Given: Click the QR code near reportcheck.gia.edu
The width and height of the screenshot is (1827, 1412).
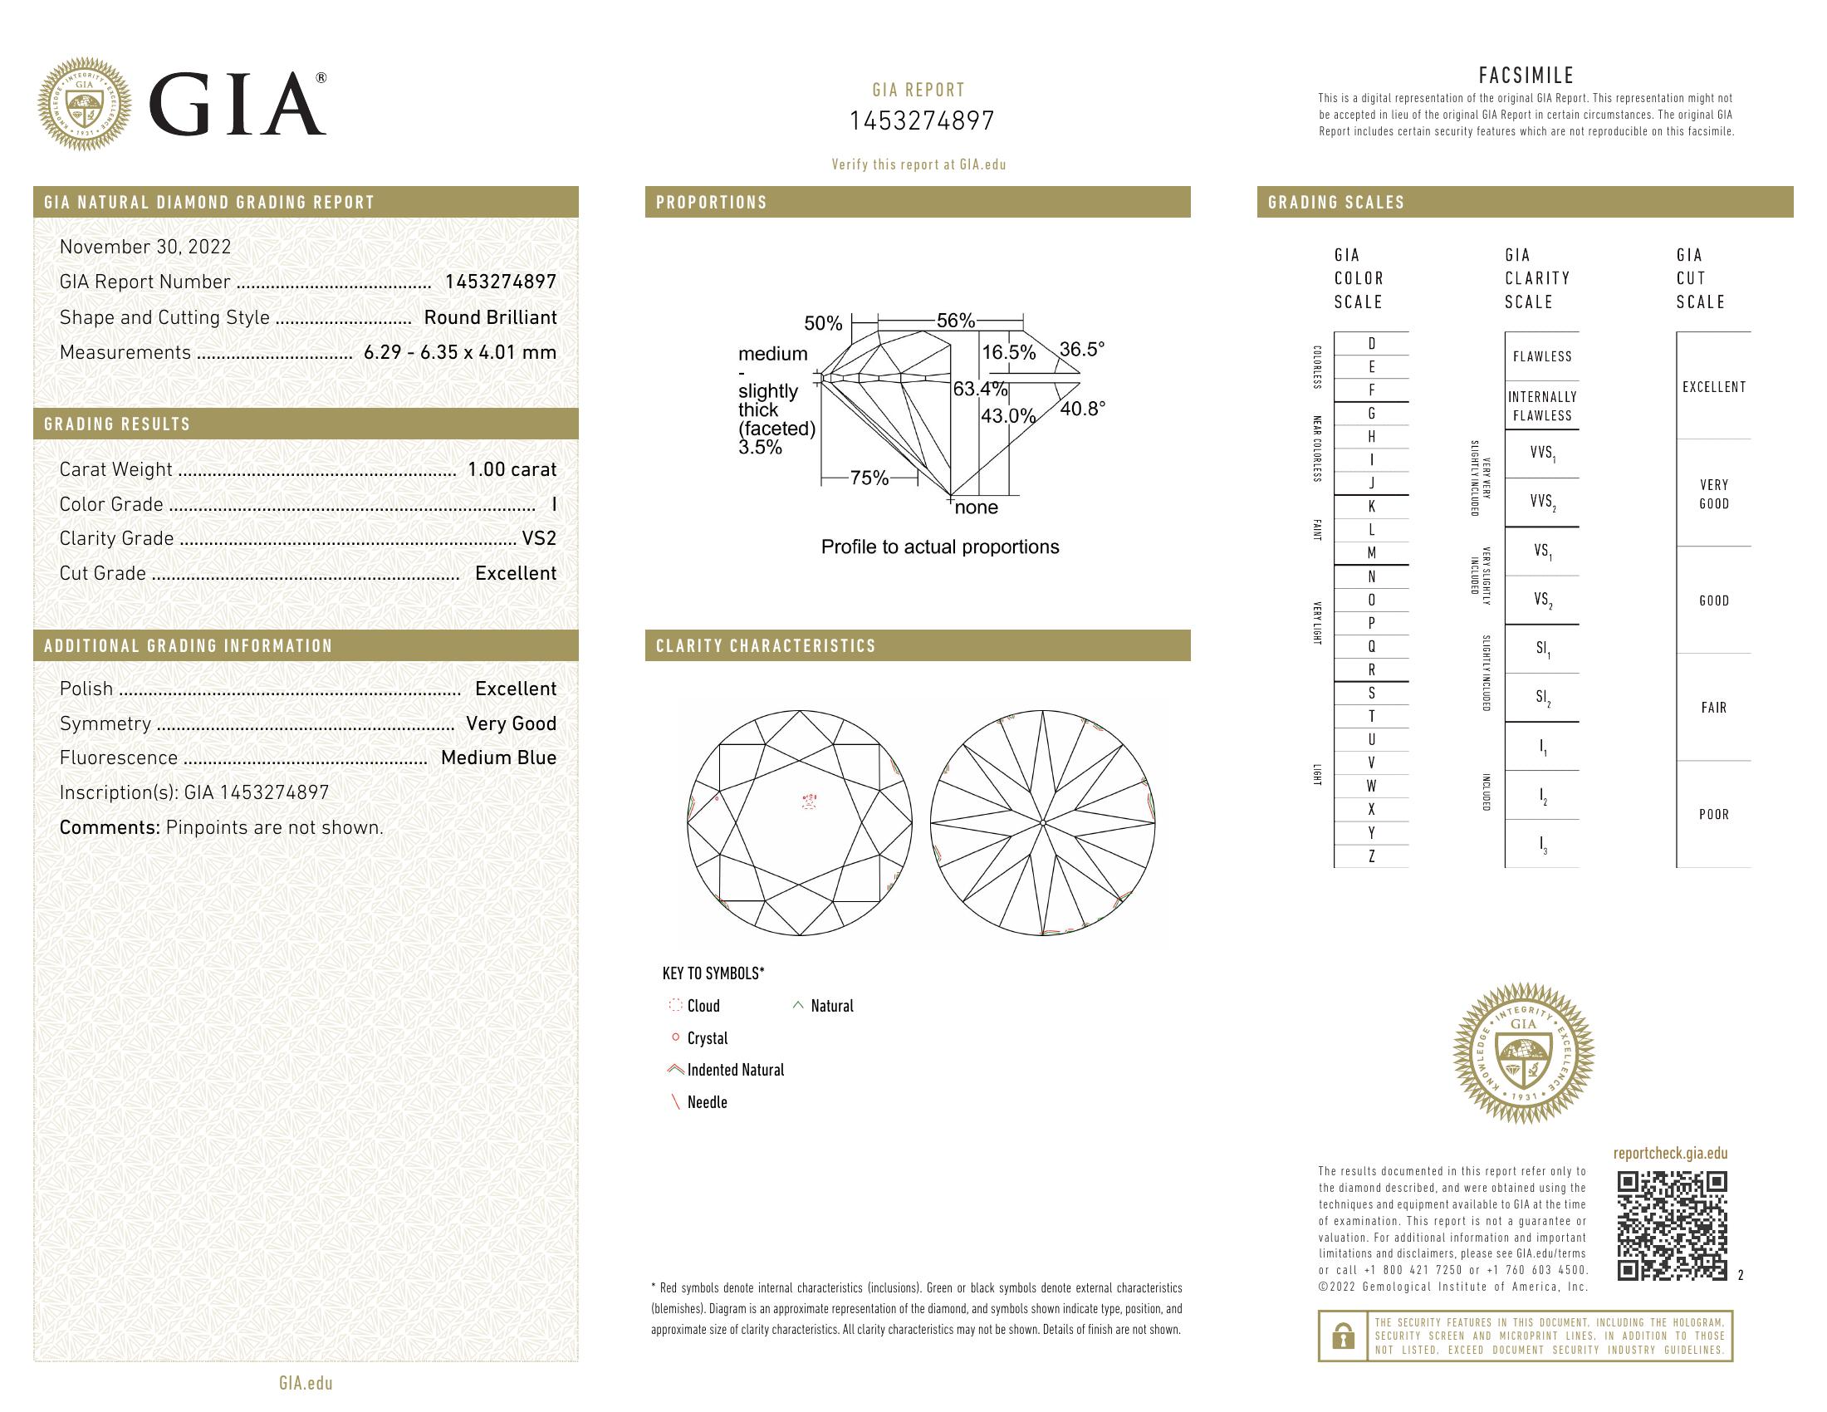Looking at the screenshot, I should (x=1672, y=1225).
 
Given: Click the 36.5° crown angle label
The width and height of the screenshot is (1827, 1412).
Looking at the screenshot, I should (x=1081, y=349).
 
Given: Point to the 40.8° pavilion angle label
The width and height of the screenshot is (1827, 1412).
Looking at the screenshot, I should (x=1082, y=408).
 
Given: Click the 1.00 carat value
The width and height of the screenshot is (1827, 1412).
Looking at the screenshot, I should (x=511, y=469).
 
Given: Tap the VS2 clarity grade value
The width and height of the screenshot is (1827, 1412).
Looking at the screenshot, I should (x=539, y=539).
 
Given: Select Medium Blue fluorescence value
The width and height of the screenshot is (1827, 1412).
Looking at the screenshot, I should (x=497, y=757).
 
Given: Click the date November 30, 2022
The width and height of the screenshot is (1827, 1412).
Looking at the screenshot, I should (x=144, y=247).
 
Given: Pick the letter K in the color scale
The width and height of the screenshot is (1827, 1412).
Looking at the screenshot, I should (x=1371, y=507).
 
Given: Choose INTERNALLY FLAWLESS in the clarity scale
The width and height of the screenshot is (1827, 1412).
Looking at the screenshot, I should (x=1542, y=406).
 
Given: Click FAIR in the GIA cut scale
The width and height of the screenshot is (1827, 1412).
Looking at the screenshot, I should (x=1713, y=708).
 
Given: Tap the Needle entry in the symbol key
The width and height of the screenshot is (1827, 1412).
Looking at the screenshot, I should (x=706, y=1102).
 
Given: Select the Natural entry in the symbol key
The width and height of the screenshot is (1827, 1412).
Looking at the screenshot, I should (x=830, y=1007).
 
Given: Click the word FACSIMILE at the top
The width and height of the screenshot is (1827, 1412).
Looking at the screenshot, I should (x=1526, y=76).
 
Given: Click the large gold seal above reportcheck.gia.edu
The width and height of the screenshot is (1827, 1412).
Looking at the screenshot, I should (x=1523, y=1052).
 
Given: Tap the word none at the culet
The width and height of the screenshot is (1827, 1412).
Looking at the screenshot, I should (x=977, y=507).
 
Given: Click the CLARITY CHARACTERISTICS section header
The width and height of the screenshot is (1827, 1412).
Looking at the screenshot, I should (x=766, y=645).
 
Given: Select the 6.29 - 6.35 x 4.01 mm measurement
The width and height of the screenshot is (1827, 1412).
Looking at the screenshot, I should (x=459, y=352).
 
